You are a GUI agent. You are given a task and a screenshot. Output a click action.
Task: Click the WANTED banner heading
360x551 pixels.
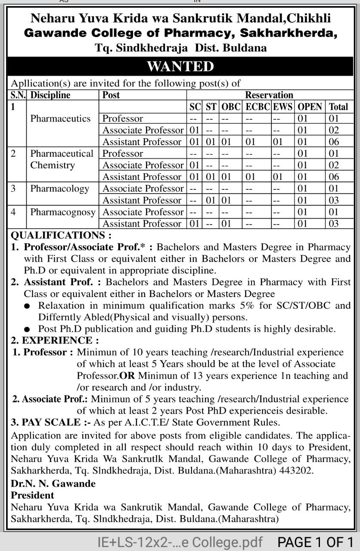pyautogui.click(x=180, y=67)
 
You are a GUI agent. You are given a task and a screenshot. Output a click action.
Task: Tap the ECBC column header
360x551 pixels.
pyautogui.click(x=258, y=107)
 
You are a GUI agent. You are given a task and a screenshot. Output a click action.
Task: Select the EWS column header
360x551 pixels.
pyautogui.click(x=282, y=107)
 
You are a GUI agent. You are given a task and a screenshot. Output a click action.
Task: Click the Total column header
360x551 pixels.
pyautogui.click(x=338, y=107)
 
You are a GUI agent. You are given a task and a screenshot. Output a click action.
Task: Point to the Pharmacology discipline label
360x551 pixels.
pyautogui.click(x=59, y=189)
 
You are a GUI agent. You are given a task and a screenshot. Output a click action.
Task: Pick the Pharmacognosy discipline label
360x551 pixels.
pyautogui.click(x=63, y=212)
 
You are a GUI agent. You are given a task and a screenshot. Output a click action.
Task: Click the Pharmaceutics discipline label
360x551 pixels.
pyautogui.click(x=60, y=118)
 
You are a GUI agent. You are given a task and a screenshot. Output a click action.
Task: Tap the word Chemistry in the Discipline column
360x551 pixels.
pyautogui.click(x=52, y=165)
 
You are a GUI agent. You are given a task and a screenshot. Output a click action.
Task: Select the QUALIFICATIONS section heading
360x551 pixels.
pyautogui.click(x=60, y=235)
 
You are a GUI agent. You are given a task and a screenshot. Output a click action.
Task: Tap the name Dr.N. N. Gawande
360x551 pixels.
pyautogui.click(x=53, y=483)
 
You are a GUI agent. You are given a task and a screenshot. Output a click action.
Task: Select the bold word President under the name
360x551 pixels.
pyautogui.click(x=32, y=495)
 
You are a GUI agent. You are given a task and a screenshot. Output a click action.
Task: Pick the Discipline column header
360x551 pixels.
pyautogui.click(x=50, y=95)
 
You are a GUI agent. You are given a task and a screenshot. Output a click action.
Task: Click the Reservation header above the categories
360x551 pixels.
pyautogui.click(x=269, y=95)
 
